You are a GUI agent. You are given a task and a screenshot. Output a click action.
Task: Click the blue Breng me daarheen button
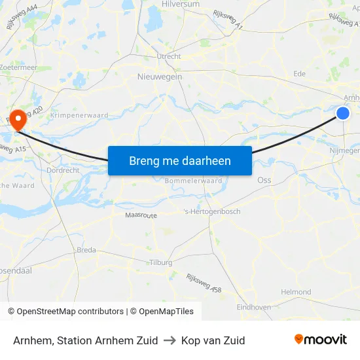pyautogui.click(x=179, y=160)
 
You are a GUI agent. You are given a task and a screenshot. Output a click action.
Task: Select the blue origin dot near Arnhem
pyautogui.click(x=343, y=113)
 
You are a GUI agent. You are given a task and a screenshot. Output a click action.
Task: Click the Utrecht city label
pyautogui.click(x=169, y=57)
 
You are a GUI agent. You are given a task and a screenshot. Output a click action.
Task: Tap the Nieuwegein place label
pyautogui.click(x=160, y=77)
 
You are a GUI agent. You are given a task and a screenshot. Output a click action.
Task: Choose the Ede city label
pyautogui.click(x=300, y=74)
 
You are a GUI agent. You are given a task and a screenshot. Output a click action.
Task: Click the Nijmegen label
pyautogui.click(x=344, y=150)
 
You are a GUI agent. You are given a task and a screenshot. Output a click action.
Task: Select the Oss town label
pyautogui.click(x=264, y=179)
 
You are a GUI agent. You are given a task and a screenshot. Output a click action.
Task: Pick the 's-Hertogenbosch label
pyautogui.click(x=211, y=211)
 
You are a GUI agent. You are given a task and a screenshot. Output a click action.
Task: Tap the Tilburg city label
pyautogui.click(x=160, y=262)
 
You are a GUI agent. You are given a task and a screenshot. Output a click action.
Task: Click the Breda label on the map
pyautogui.click(x=86, y=250)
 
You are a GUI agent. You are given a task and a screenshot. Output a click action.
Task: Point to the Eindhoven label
pyautogui.click(x=253, y=307)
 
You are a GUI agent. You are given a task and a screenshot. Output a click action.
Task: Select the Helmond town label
pyautogui.click(x=296, y=292)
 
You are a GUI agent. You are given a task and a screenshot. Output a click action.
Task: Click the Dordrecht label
pyautogui.click(x=63, y=170)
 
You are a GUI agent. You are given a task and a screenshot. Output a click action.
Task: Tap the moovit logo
pyautogui.click(x=320, y=340)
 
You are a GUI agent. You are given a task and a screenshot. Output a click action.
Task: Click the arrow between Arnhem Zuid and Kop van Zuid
pyautogui.click(x=170, y=340)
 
